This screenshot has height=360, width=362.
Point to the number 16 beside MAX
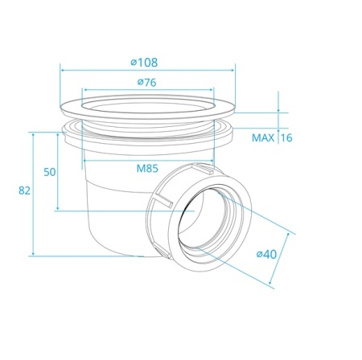coord(286,137)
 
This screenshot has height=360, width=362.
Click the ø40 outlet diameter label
coord(267,254)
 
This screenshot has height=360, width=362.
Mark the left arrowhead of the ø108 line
coord(62,69)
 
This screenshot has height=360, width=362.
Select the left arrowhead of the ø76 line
coord(84,90)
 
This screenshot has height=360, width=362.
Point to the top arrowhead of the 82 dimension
coord(32,134)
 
